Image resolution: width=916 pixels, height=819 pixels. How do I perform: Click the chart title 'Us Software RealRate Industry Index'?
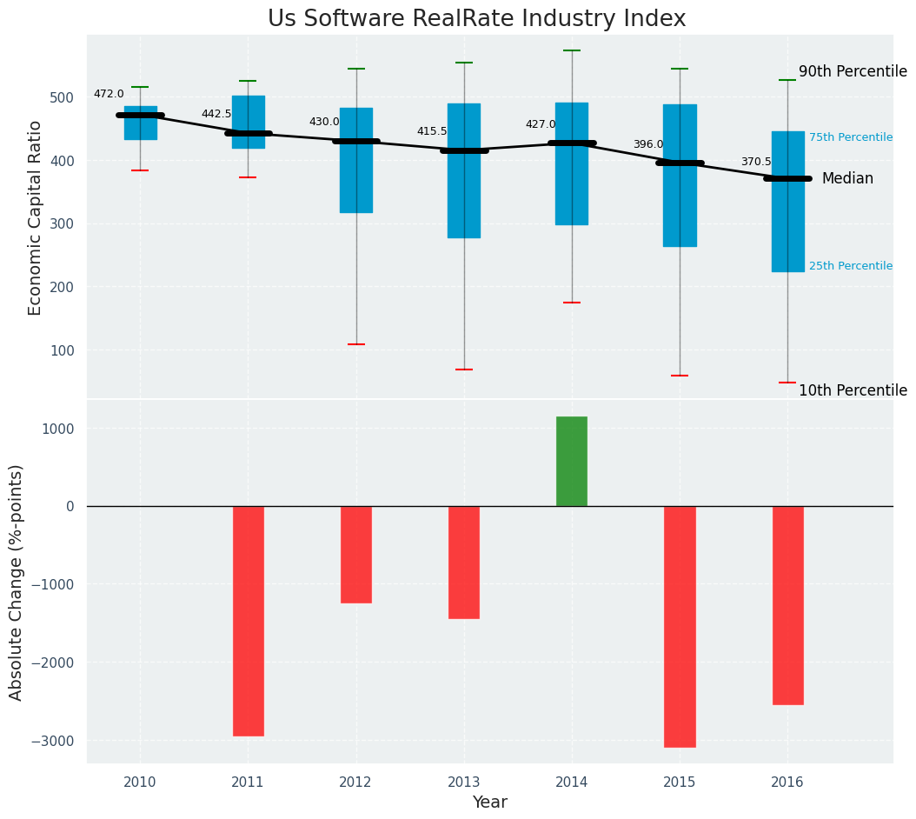pos(476,19)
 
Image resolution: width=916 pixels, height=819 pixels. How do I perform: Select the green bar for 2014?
pos(572,461)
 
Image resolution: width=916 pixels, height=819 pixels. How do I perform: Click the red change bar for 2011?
pos(248,621)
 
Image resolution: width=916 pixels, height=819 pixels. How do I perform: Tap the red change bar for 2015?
pos(680,626)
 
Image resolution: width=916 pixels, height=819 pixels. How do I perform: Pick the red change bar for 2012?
pos(355,555)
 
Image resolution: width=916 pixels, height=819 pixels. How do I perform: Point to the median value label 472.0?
pos(109,94)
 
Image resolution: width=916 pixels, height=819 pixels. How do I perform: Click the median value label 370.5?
pos(756,162)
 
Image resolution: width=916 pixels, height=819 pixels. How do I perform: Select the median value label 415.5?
pos(432,131)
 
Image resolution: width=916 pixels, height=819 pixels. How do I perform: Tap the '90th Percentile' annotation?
pos(853,71)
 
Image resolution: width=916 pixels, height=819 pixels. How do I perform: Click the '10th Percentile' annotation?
pos(853,390)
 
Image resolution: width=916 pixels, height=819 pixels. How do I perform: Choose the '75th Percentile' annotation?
pos(851,137)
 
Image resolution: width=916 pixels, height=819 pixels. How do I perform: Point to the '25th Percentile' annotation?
pos(851,266)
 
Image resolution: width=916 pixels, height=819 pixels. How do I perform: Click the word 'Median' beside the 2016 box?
pos(847,178)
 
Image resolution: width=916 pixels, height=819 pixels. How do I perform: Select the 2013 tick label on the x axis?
pos(463,782)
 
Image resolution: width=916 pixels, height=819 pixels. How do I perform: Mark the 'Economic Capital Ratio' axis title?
pos(36,217)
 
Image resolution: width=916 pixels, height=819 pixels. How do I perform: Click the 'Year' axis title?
pos(490,802)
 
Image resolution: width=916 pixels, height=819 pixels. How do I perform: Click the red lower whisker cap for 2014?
pos(572,303)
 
